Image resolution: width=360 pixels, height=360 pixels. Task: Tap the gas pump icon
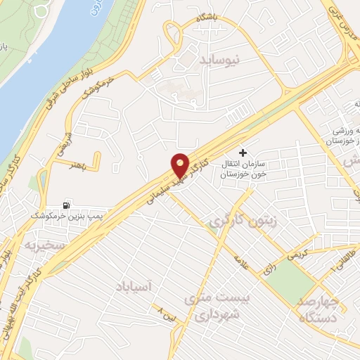pos(67,204)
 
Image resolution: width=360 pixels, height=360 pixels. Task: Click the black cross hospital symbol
pos(243,153)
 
